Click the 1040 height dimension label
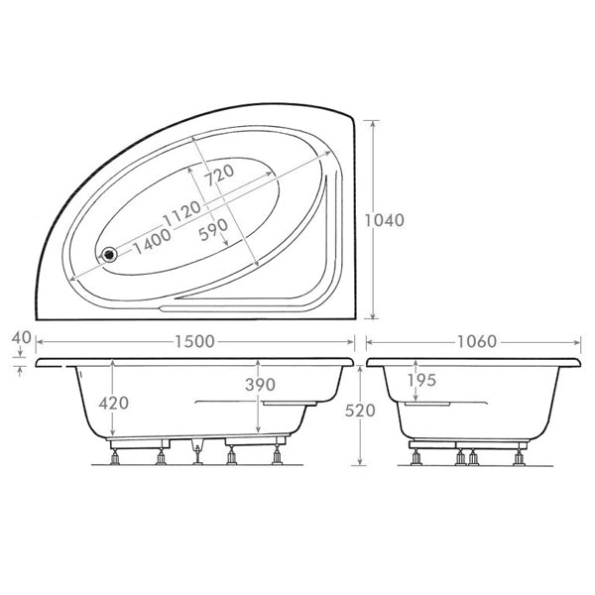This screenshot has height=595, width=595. [x=385, y=220]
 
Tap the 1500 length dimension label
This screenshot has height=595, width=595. [x=194, y=342]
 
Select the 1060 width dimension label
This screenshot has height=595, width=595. [x=477, y=342]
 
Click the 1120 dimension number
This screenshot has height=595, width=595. [x=181, y=213]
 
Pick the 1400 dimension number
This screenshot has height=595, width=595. [x=152, y=241]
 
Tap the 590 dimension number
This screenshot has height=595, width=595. [x=213, y=230]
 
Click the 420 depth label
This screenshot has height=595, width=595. [x=113, y=403]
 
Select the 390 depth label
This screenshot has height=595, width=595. [x=260, y=385]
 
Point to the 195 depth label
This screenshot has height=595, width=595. [x=422, y=380]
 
